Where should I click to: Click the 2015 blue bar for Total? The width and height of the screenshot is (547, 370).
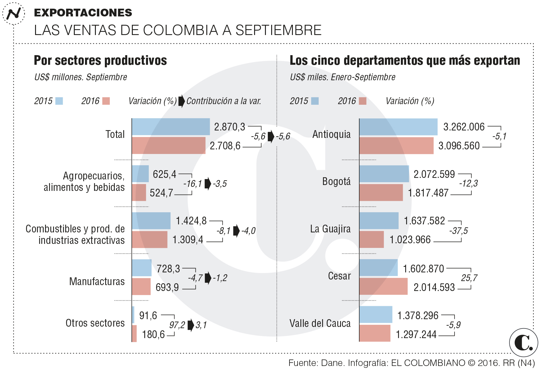[171, 127]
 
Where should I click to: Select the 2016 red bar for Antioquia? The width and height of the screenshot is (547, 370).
[396, 146]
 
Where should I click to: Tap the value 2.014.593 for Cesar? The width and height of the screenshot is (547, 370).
[434, 287]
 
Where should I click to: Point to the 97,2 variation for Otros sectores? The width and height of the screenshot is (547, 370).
[177, 325]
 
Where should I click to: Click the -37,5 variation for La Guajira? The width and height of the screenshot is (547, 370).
[458, 231]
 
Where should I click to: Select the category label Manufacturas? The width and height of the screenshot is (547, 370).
[97, 281]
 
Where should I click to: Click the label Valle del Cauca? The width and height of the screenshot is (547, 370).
[320, 323]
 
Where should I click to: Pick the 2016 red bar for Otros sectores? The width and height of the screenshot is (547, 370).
[134, 333]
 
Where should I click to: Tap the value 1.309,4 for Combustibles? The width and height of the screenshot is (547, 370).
[188, 240]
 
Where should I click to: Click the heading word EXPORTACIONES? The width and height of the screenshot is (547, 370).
[83, 13]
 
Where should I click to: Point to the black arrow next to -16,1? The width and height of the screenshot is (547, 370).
[208, 183]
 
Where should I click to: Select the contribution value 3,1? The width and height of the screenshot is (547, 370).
[201, 325]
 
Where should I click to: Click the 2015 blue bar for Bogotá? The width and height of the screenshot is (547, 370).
[384, 174]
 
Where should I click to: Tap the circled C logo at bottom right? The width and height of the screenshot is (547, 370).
[523, 342]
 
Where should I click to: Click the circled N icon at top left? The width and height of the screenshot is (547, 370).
[14, 14]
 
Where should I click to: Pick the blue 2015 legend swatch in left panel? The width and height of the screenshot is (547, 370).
[59, 101]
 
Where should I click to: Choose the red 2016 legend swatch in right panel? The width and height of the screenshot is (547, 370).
[362, 101]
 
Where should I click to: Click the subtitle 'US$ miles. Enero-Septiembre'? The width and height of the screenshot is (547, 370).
[343, 77]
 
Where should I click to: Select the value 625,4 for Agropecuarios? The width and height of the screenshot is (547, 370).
[164, 174]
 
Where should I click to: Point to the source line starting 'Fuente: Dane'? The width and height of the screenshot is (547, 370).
[411, 363]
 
